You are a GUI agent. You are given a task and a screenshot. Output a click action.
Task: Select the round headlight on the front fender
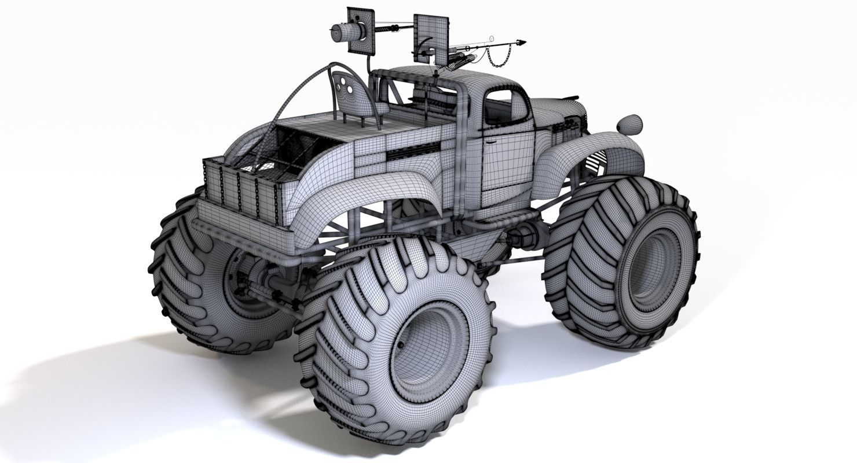click(x=629, y=124)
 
